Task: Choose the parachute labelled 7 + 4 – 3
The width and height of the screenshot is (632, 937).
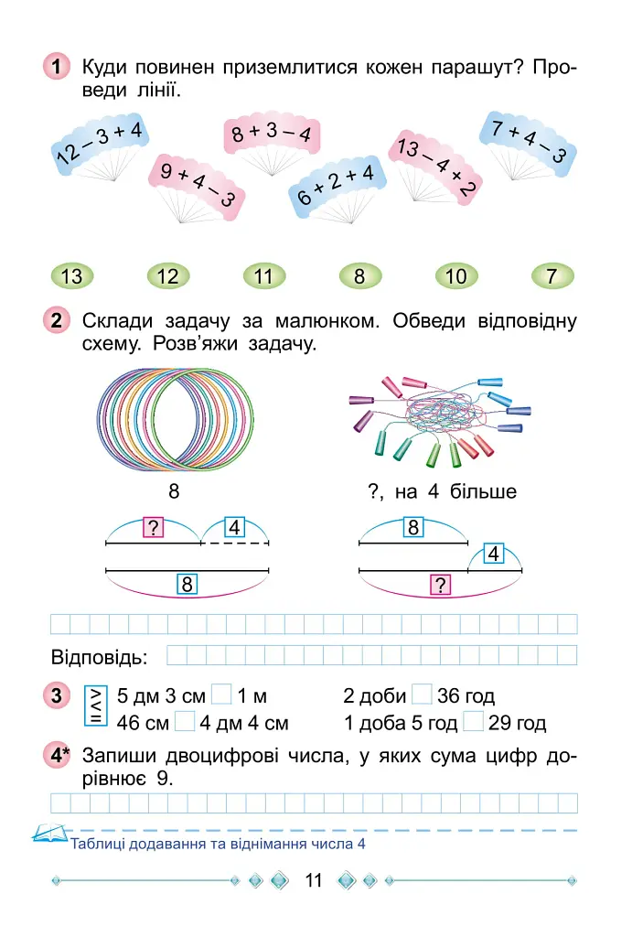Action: (x=528, y=145)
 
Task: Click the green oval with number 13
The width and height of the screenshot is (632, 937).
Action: (x=71, y=276)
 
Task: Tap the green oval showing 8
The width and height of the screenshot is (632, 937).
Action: (x=359, y=276)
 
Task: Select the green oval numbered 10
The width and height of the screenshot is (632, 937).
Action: (x=456, y=276)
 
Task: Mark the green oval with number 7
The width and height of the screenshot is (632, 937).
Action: (x=552, y=276)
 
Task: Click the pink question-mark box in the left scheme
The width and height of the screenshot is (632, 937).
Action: (x=154, y=528)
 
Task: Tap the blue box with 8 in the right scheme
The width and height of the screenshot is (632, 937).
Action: (x=413, y=527)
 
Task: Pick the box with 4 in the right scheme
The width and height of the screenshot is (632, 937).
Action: (x=493, y=554)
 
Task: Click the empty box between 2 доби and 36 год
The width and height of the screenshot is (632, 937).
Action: (x=422, y=695)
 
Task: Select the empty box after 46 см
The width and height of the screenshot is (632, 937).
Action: (x=185, y=721)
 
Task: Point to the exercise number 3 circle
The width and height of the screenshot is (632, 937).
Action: (x=57, y=695)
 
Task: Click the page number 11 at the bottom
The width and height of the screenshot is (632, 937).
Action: (x=314, y=880)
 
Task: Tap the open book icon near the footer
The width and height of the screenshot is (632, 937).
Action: (x=49, y=833)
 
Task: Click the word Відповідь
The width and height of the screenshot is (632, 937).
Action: (x=99, y=657)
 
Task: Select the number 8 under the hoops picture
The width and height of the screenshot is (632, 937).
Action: (x=174, y=491)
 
